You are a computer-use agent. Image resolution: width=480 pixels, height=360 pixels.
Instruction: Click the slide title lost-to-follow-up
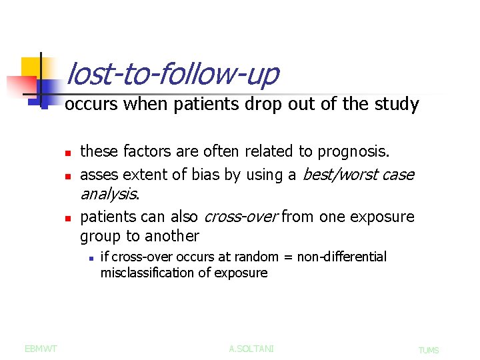pyautogui.click(x=173, y=74)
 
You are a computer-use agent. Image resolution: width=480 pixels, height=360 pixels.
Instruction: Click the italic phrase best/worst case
pyautogui.click(x=359, y=175)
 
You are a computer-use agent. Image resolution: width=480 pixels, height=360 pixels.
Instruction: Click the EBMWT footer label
pyautogui.click(x=41, y=348)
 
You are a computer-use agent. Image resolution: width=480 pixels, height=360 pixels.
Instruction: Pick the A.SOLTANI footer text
pyautogui.click(x=251, y=348)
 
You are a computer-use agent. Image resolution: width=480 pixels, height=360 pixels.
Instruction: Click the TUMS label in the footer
pyautogui.click(x=429, y=350)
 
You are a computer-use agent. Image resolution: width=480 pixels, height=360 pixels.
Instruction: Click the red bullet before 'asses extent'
pyautogui.click(x=68, y=177)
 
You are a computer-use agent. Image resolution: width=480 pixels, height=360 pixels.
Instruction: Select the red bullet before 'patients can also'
pyautogui.click(x=68, y=218)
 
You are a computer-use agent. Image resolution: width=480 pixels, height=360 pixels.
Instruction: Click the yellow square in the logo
pyautogui.click(x=31, y=67)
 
